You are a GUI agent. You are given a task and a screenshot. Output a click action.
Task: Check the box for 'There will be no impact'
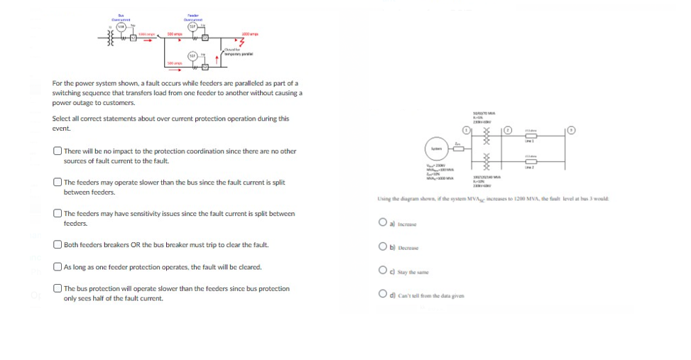coord(57,151)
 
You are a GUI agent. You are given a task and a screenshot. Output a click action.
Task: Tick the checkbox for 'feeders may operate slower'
coord(57,182)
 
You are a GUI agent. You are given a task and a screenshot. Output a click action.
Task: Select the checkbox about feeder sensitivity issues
coord(57,214)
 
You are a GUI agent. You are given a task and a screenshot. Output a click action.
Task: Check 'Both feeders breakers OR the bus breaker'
coord(57,245)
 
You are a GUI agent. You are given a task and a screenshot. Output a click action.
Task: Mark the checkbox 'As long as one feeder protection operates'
coord(57,267)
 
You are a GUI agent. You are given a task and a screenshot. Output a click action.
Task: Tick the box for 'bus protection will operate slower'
coord(57,289)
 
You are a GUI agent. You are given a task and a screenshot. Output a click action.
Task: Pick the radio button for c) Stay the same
coord(383,271)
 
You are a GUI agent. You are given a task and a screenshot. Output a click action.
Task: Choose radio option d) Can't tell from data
coord(383,295)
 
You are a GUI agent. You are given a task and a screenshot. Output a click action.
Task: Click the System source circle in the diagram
coord(435,148)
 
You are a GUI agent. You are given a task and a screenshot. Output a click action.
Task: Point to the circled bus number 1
coord(467,131)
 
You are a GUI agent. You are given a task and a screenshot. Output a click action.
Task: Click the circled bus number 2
coord(508,131)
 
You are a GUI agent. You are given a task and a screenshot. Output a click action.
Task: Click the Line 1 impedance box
coord(529,138)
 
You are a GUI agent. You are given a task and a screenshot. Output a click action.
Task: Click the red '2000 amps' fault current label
coord(249,34)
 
